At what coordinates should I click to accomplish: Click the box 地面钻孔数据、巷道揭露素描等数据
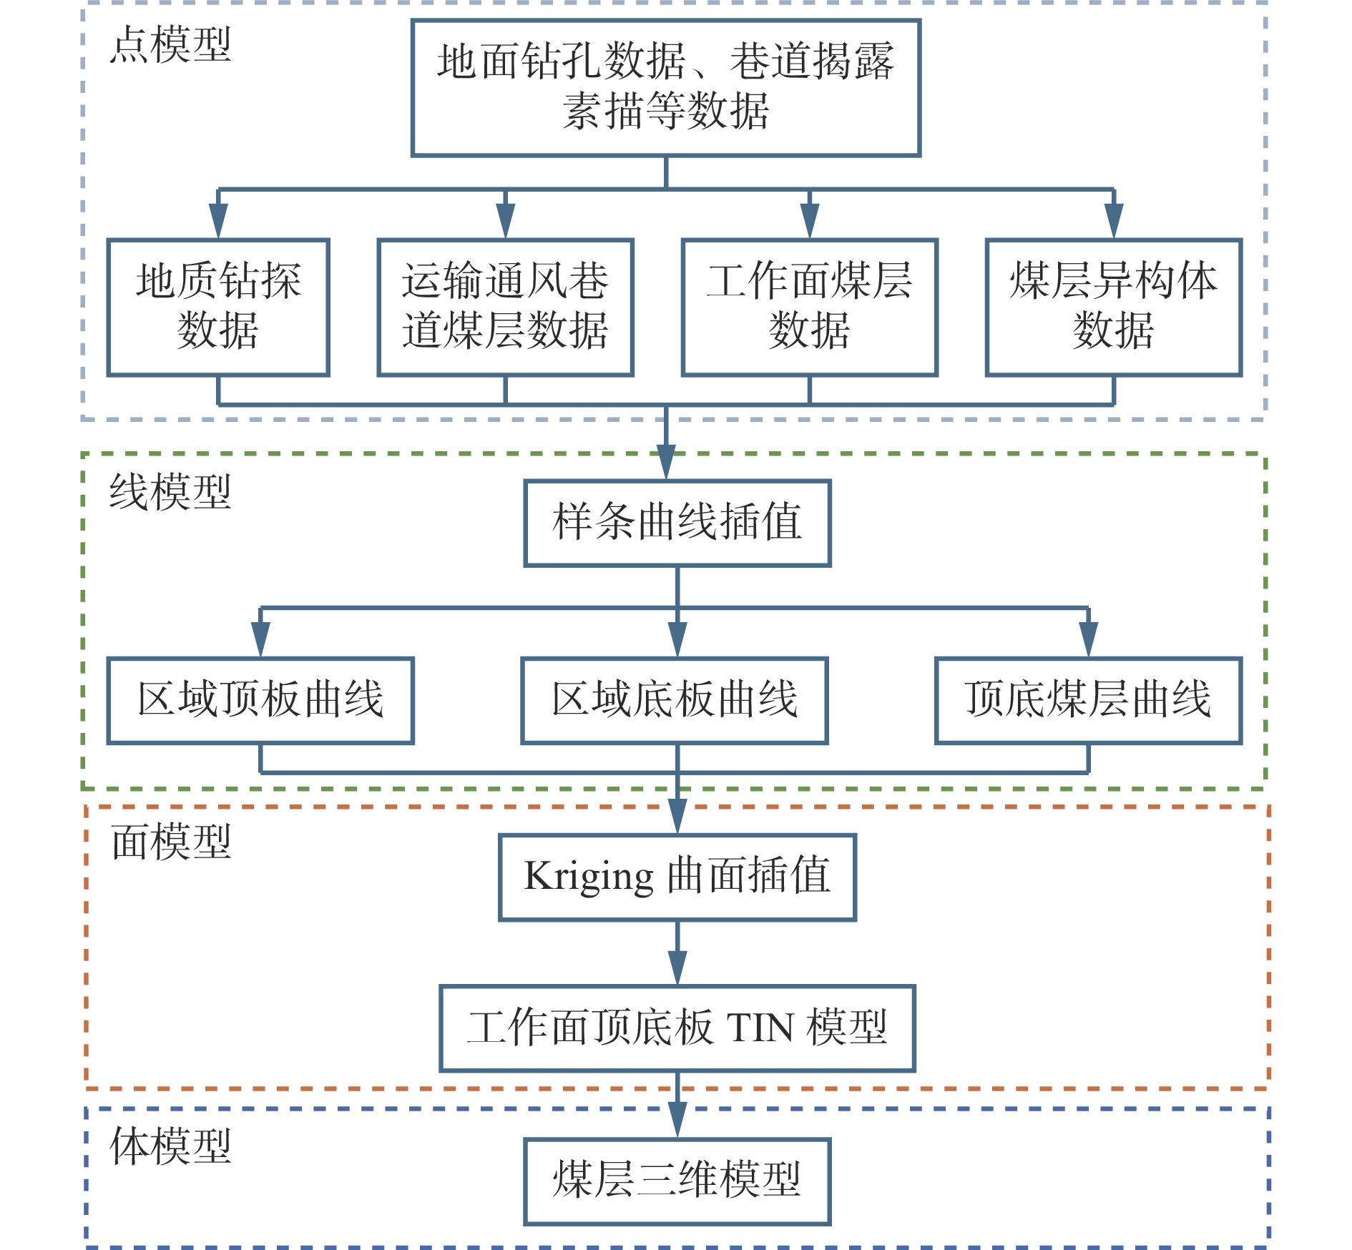665,87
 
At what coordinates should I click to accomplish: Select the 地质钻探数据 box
218,307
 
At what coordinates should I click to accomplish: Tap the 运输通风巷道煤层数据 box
505,307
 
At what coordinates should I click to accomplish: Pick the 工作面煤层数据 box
809,307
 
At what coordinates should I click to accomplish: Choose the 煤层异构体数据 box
1113,307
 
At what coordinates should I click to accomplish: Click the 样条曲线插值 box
677,523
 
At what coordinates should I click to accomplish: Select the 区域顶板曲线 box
260,700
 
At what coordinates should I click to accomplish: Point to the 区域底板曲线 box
675,700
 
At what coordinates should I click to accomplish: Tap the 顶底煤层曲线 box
1088,700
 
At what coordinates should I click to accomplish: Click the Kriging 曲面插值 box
677,877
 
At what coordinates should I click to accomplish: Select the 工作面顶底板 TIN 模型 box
677,1028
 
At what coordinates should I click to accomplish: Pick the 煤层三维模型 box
677,1181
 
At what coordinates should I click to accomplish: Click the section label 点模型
171,45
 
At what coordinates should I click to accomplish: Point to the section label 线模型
171,493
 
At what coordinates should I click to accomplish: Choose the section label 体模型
171,1146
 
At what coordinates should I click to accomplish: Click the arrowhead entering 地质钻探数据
218,220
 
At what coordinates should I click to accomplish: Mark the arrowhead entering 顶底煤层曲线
1088,638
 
